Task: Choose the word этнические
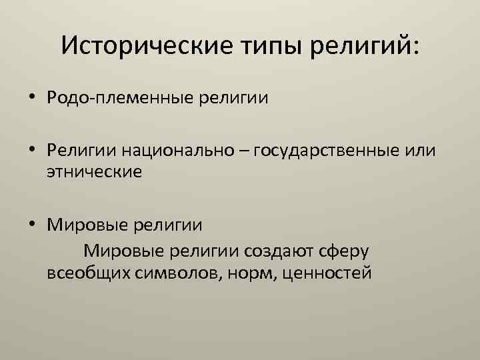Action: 94,171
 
